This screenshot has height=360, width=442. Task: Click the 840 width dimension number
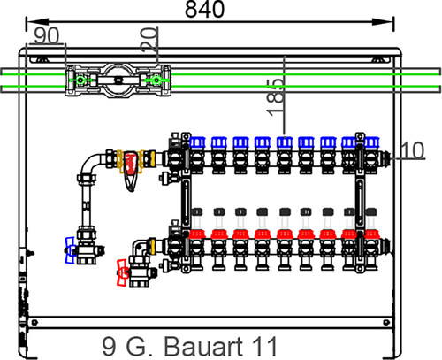tap(204, 9)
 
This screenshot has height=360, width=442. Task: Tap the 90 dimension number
tap(47, 35)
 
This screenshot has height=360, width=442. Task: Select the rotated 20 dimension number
tap(149, 39)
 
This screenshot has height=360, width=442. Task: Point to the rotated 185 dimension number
tap(276, 97)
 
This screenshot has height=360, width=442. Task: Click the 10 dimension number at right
tap(413, 149)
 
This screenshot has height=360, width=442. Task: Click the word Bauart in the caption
tap(203, 346)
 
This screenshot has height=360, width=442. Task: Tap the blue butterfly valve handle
tap(70, 250)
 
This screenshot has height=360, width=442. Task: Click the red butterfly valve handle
tap(122, 272)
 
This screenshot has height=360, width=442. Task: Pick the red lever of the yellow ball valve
tap(131, 170)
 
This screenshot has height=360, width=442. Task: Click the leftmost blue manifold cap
tap(197, 142)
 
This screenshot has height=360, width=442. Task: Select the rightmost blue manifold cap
tap(371, 142)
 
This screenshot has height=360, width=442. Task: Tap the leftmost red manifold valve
tap(197, 234)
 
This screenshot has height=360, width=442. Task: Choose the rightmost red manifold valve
tap(371, 234)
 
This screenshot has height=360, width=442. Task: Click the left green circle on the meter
tap(80, 80)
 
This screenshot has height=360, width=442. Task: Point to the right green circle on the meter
tap(156, 80)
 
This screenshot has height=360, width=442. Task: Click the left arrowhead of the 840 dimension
tap(37, 22)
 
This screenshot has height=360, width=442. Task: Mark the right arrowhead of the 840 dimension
tap(383, 22)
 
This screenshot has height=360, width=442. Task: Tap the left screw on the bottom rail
tap(34, 322)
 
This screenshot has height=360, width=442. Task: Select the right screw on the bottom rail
tap(386, 322)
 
